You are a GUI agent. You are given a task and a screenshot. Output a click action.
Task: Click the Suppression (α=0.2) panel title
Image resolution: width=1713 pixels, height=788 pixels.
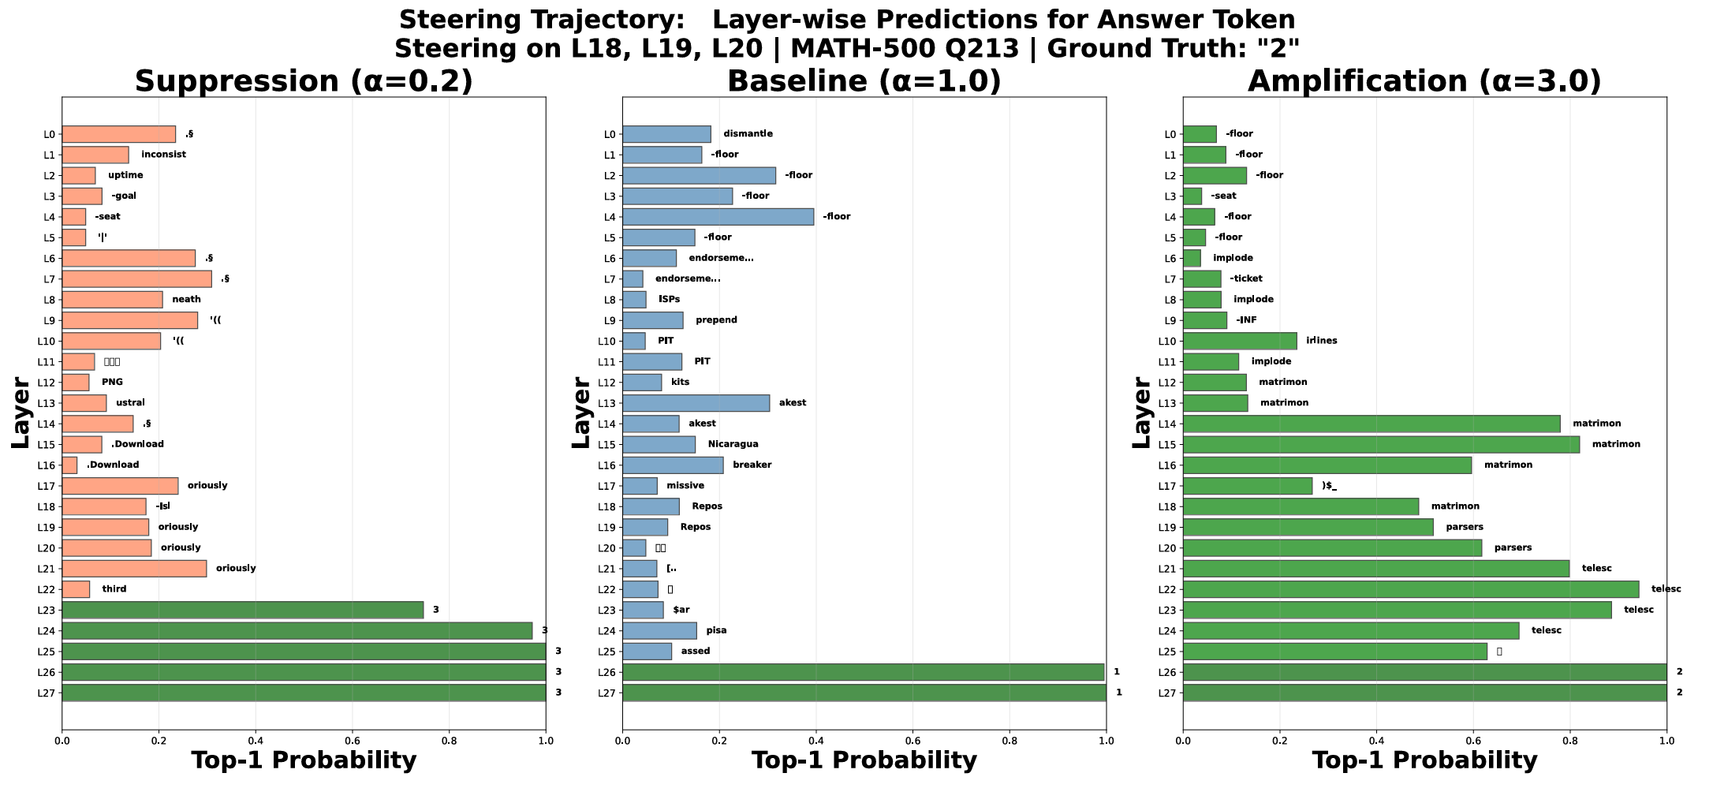(x=304, y=82)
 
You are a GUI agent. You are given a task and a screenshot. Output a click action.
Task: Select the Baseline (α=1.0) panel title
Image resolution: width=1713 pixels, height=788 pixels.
(x=864, y=82)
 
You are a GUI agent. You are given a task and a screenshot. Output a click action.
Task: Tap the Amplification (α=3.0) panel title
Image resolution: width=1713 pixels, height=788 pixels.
(x=1424, y=82)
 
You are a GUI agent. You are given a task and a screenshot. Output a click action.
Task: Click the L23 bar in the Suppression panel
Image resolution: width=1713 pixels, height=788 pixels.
(x=242, y=610)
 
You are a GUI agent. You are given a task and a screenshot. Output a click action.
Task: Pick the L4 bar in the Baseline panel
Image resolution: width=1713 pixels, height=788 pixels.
(x=718, y=216)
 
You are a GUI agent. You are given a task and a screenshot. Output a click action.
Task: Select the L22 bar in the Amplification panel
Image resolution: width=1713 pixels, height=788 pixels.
(x=1410, y=589)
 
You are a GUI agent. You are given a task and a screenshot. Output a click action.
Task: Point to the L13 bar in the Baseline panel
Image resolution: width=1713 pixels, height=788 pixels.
(x=696, y=403)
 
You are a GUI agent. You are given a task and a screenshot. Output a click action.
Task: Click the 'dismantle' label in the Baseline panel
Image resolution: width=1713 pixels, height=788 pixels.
(x=748, y=134)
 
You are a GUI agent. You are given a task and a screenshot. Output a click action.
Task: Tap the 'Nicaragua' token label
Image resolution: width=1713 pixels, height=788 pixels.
(x=733, y=444)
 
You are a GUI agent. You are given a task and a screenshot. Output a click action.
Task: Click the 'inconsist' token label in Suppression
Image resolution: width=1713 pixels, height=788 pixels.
(x=163, y=155)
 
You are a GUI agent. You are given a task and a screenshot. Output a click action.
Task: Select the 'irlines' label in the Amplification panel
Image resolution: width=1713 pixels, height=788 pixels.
(x=1321, y=341)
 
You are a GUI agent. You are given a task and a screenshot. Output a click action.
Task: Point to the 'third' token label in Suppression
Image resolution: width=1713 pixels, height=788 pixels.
(x=114, y=589)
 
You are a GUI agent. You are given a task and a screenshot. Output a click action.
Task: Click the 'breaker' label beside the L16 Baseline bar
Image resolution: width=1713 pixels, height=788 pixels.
(x=752, y=465)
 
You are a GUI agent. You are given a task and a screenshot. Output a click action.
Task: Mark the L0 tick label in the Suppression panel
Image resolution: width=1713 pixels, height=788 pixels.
(x=49, y=134)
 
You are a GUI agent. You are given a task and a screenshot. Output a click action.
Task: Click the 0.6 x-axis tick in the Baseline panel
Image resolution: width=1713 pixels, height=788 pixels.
(x=912, y=741)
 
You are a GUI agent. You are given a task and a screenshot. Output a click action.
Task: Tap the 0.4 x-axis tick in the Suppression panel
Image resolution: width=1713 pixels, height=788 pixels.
(x=255, y=741)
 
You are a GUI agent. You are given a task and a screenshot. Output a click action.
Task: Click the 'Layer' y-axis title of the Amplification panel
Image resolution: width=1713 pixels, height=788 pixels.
(x=1141, y=413)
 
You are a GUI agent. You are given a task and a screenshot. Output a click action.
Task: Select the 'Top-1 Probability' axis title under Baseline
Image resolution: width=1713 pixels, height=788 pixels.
(x=864, y=761)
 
